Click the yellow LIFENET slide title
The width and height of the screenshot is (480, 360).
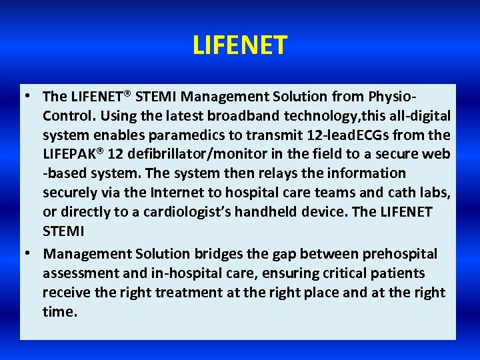coord(240,46)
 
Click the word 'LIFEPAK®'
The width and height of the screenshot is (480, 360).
coord(73,155)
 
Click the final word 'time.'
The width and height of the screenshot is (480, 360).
coord(60,312)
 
